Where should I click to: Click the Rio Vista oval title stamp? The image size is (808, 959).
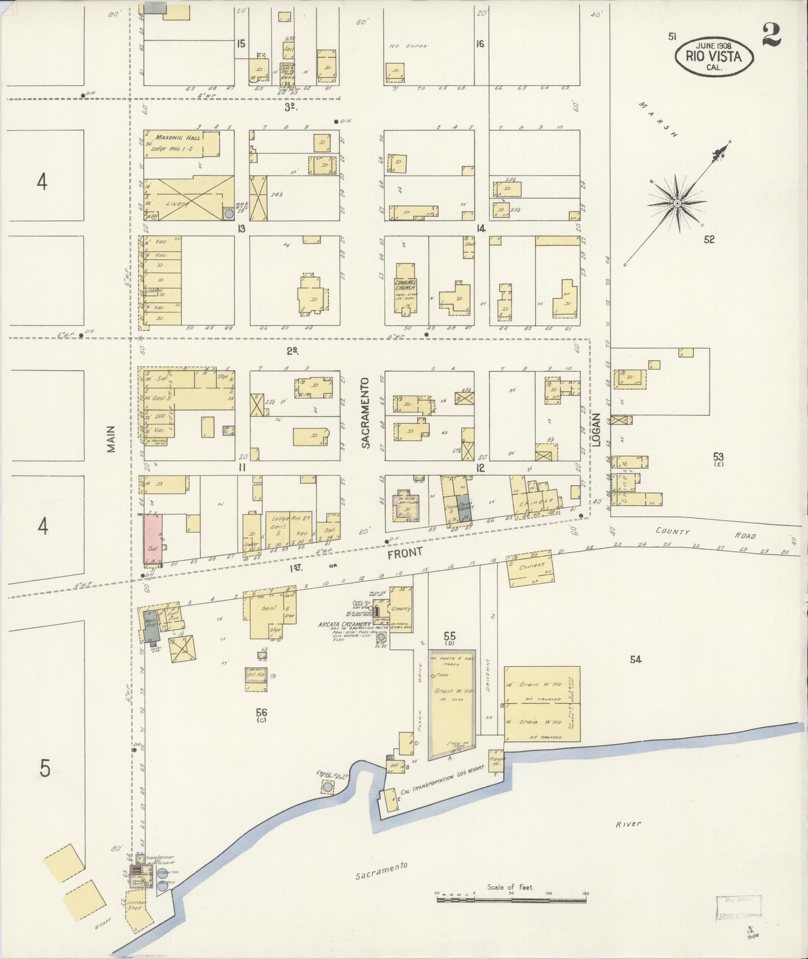point(714,57)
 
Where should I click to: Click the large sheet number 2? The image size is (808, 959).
point(771,35)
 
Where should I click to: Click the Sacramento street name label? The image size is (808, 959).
point(366,413)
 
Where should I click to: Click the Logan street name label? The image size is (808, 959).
point(596,430)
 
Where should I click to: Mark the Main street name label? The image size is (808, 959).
point(111,439)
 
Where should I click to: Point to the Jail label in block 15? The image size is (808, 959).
point(289,49)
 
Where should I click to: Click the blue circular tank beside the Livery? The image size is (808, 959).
point(229,214)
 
